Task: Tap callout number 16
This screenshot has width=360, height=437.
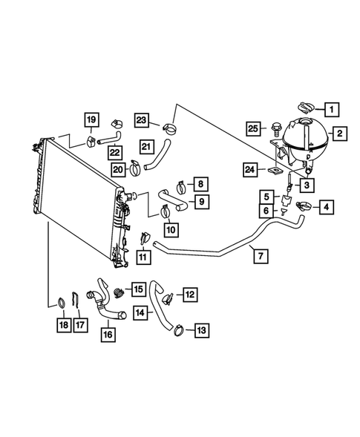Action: click(x=108, y=334)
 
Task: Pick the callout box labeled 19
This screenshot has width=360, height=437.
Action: click(x=91, y=119)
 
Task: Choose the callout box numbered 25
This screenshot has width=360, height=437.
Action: click(x=254, y=129)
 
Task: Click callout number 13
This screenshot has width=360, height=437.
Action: click(x=202, y=331)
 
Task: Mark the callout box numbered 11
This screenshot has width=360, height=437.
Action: click(x=143, y=257)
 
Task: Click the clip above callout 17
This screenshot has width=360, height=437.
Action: click(x=77, y=301)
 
